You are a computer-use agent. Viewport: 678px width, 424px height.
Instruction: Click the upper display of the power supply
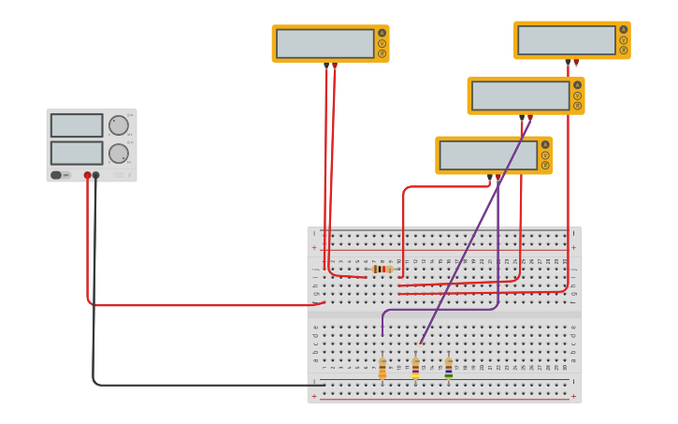click(77, 125)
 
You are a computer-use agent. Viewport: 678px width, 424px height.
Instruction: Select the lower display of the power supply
click(77, 153)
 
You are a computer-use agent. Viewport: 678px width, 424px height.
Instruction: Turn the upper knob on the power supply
click(119, 125)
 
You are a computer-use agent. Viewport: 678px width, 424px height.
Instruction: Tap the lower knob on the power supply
click(119, 154)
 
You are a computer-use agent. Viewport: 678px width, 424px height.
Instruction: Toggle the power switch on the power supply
click(56, 175)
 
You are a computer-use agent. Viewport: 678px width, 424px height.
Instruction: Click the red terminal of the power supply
click(87, 175)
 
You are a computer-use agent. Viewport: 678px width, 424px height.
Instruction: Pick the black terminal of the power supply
click(95, 175)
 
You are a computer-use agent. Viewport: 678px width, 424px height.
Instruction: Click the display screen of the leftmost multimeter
click(325, 43)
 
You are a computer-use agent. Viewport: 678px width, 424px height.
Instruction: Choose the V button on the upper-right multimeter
click(623, 40)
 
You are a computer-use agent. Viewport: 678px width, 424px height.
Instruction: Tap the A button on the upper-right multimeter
click(623, 29)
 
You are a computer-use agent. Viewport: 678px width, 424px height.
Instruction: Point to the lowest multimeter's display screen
click(488, 155)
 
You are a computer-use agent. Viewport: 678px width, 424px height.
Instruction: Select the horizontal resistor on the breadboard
click(382, 270)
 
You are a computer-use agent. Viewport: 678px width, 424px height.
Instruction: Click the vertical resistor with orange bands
click(382, 368)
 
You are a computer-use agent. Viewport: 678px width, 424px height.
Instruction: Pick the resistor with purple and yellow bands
click(415, 368)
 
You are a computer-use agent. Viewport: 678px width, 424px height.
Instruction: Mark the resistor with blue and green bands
click(448, 368)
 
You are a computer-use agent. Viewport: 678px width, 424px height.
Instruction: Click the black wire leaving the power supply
click(94, 281)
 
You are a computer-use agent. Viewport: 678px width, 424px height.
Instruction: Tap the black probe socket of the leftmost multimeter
click(325, 66)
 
